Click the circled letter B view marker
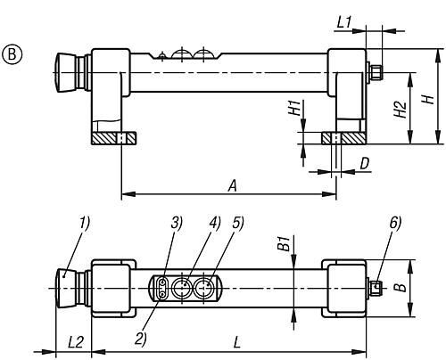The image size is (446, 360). (x=12, y=55)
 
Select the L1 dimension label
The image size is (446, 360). (x=344, y=22)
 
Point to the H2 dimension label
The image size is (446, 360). (x=401, y=110)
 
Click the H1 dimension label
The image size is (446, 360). (x=295, y=108)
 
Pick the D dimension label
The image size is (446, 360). (x=365, y=163)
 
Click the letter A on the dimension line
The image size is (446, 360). (x=233, y=186)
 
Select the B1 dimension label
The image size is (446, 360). (x=285, y=244)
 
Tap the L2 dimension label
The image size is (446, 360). (x=76, y=342)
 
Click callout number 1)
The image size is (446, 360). (x=85, y=224)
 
